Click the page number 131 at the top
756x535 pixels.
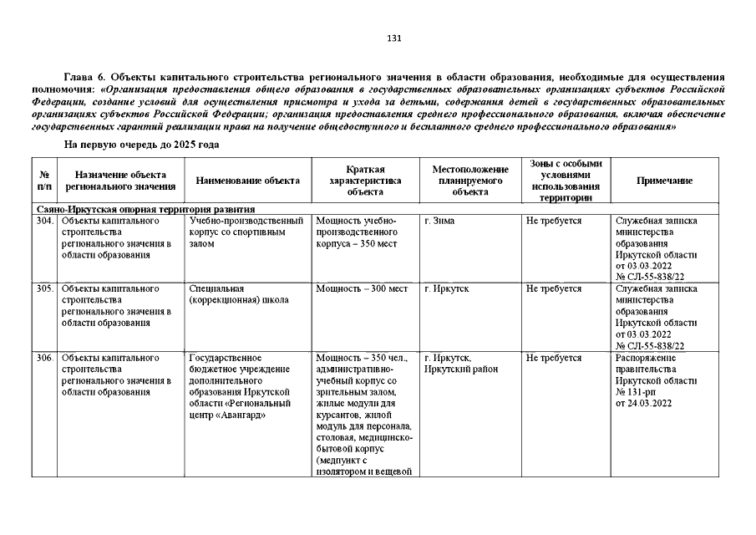coord(395,38)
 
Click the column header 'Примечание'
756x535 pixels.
coord(664,181)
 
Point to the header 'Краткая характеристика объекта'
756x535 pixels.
coord(365,181)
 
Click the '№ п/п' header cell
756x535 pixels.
coord(44,181)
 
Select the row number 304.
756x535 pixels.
coord(44,221)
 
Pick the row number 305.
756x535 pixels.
coord(44,288)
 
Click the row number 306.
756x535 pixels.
coord(44,358)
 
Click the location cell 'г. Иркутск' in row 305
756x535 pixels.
coord(446,288)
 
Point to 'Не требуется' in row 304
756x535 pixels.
coord(553,221)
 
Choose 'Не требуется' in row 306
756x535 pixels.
coord(553,358)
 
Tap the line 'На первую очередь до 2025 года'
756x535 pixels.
coord(141,145)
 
